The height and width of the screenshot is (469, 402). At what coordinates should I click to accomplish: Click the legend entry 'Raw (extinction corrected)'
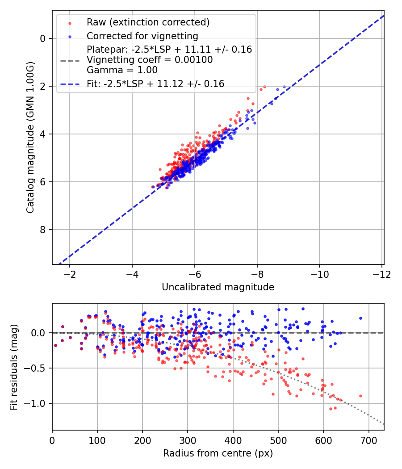click(148, 22)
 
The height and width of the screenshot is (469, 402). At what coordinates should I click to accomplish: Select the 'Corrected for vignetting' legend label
click(142, 36)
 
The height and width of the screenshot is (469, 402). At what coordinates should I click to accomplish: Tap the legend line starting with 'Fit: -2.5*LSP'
click(155, 84)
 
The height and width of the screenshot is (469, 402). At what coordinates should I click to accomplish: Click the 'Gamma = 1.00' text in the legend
click(122, 70)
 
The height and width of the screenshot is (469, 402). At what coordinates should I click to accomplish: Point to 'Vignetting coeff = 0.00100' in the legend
click(150, 60)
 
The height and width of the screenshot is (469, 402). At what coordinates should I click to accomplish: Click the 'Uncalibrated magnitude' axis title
click(218, 287)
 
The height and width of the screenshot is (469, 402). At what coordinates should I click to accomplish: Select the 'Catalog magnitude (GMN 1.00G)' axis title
click(30, 137)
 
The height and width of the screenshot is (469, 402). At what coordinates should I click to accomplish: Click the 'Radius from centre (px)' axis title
click(218, 453)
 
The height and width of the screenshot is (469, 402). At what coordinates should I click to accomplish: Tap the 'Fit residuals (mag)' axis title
click(14, 367)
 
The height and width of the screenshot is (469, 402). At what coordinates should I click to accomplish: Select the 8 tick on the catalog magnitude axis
click(43, 230)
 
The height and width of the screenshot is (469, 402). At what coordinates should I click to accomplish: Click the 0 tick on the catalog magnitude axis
click(43, 38)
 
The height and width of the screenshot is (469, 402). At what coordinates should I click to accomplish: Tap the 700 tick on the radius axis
click(368, 440)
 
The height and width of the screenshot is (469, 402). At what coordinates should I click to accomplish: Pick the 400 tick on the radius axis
click(233, 440)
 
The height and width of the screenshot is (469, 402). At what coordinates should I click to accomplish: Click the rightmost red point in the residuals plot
click(360, 396)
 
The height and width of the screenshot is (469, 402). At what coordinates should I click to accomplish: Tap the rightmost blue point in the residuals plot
click(360, 318)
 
